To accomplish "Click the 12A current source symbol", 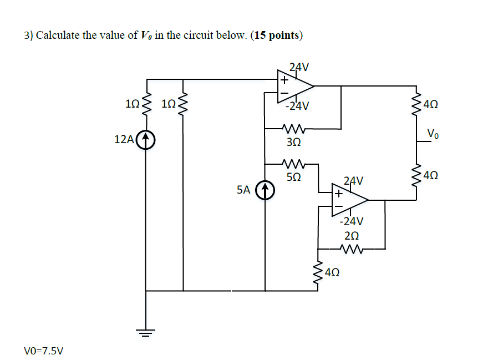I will click(x=145, y=139).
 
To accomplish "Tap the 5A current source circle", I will click(x=265, y=190).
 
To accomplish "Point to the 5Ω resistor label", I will click(x=294, y=178).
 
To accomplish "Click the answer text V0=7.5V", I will click(x=44, y=351).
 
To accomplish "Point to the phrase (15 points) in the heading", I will click(x=277, y=36).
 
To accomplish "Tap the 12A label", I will click(x=124, y=139).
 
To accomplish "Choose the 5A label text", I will click(x=243, y=190).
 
